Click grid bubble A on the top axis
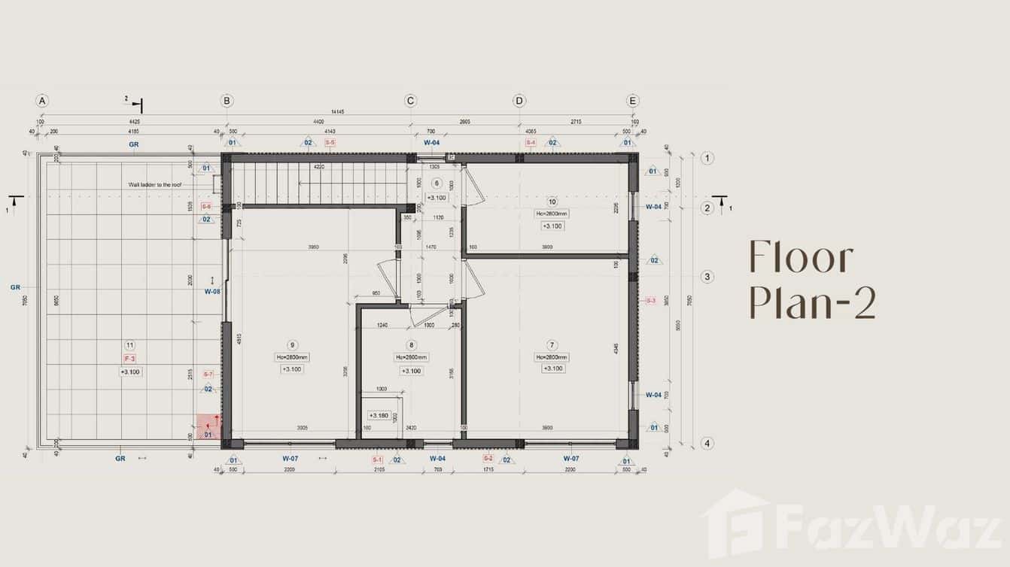tap(42, 101)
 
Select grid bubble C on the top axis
tap(410, 101)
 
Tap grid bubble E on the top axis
tap(633, 101)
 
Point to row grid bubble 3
tap(707, 277)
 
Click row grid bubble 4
tap(707, 443)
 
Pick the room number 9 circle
tap(292, 345)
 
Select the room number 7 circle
tap(552, 345)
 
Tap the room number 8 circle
tap(411, 345)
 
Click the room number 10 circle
tap(552, 201)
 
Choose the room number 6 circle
tap(437, 183)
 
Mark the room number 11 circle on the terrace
tap(130, 345)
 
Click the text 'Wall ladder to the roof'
tap(155, 184)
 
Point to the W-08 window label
tap(211, 291)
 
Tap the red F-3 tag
tap(129, 359)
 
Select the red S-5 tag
tap(330, 142)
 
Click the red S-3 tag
tap(651, 301)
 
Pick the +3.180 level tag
tap(378, 415)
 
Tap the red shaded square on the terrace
tap(208, 426)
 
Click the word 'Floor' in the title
tap(801, 258)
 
